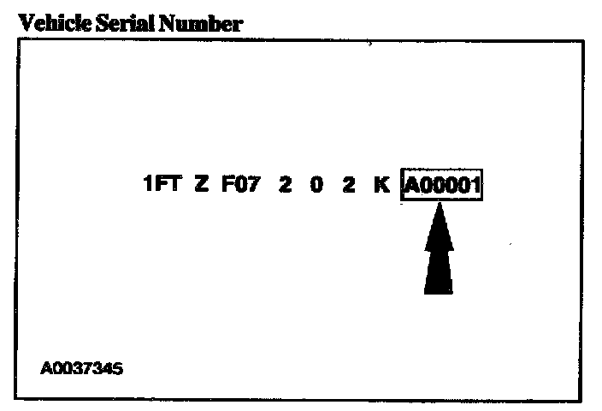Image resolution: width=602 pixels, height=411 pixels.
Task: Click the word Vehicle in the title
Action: coord(48,24)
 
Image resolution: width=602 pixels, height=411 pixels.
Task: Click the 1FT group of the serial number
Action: coord(162,185)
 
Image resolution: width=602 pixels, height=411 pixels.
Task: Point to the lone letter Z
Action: coord(202,185)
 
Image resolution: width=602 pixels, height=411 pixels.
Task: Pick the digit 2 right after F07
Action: coord(285,185)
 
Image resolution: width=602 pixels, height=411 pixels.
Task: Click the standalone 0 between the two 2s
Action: coord(316,185)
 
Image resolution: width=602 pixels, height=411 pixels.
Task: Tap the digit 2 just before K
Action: coord(348,185)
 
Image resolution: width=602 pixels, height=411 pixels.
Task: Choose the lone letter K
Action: coord(381,185)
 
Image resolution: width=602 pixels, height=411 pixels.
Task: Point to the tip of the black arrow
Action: coord(439,206)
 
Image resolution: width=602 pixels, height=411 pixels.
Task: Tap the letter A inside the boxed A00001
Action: coord(412,186)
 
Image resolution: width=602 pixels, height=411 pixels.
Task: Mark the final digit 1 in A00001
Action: coord(475,186)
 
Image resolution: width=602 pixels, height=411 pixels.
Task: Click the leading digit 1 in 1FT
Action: coord(148,185)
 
